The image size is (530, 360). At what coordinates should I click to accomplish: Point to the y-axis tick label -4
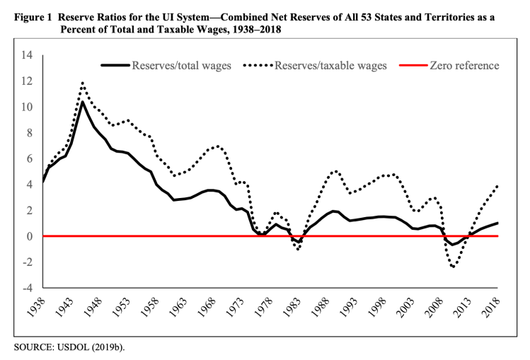point(26,288)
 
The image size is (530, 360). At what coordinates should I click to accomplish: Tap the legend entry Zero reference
point(463,66)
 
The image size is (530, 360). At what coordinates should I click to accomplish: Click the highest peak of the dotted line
point(83,83)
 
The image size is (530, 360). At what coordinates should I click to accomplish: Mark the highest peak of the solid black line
point(83,102)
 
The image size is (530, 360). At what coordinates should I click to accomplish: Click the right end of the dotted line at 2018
point(498,186)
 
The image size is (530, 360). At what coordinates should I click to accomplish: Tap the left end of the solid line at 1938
point(43,182)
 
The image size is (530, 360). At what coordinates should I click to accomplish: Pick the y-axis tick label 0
point(29,236)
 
